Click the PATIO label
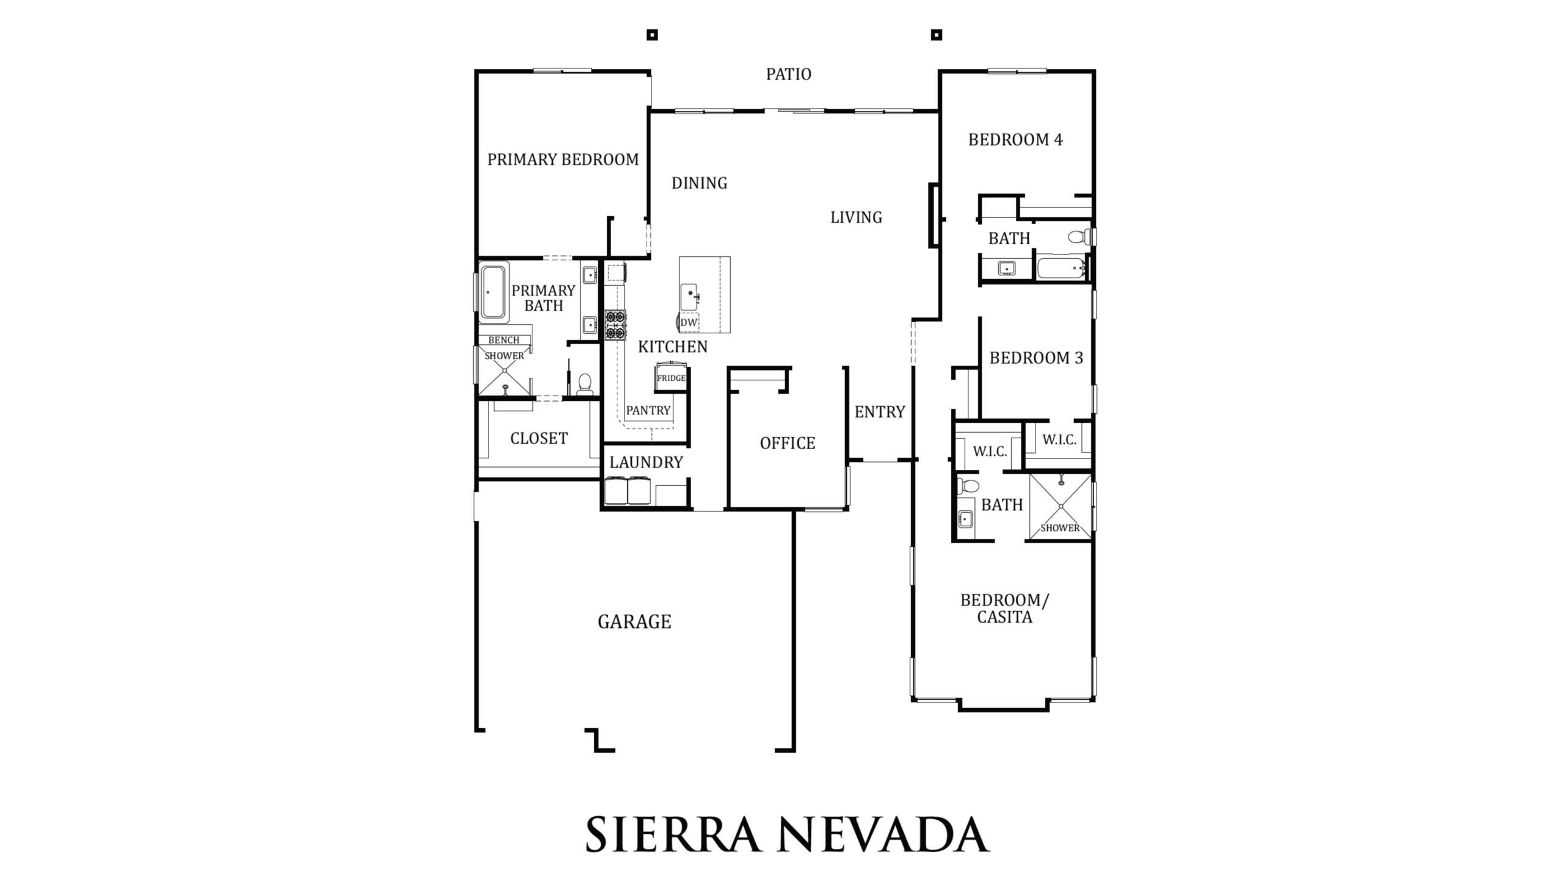click(789, 74)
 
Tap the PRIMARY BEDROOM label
click(563, 160)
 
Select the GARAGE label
click(634, 622)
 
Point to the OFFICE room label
click(788, 443)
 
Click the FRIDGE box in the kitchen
click(671, 377)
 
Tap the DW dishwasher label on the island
click(689, 322)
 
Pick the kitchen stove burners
click(615, 325)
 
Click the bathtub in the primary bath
click(494, 292)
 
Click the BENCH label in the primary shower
click(504, 340)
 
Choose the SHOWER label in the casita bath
click(1060, 528)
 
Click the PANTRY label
click(648, 411)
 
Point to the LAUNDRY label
click(646, 463)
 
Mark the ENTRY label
click(880, 412)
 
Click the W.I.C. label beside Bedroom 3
click(1059, 440)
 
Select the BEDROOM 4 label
click(1015, 140)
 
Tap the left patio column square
click(652, 35)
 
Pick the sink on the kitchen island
click(690, 297)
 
